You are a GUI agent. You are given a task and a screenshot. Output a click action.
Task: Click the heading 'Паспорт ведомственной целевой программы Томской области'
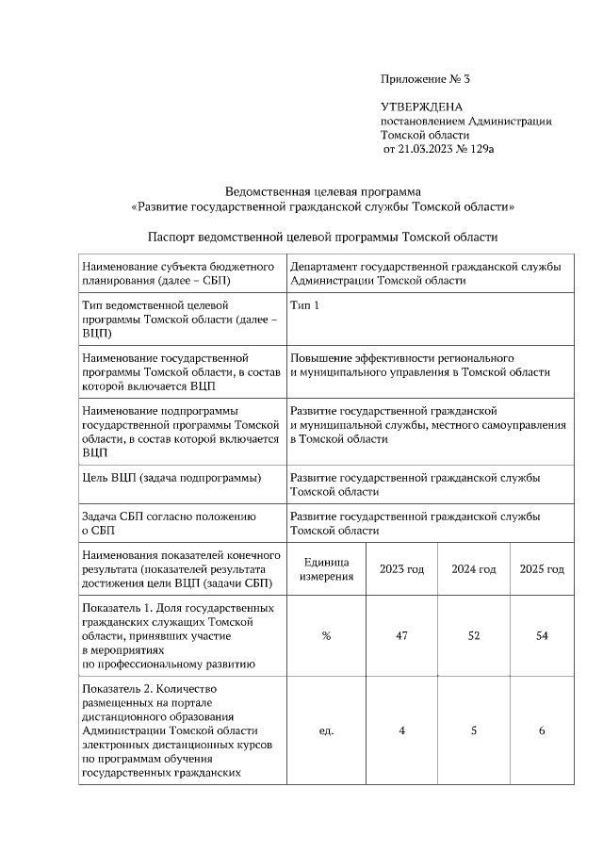323,237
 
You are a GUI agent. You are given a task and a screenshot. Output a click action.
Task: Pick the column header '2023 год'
401,569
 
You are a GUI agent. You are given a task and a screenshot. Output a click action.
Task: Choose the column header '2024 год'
473,569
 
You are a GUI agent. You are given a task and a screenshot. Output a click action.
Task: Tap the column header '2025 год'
542,569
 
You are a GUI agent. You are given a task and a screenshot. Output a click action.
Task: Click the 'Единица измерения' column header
326,569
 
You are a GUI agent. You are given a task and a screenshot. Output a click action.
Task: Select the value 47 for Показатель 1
401,636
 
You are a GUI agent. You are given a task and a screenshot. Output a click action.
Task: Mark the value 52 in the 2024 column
473,636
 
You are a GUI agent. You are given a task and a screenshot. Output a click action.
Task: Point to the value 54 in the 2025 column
542,636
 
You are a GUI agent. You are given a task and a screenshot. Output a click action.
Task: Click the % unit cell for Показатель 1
326,636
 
